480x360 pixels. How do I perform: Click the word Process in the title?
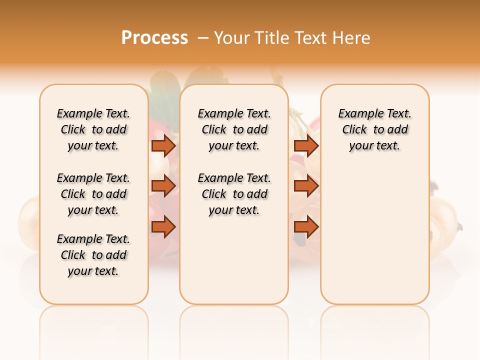pyautogui.click(x=154, y=37)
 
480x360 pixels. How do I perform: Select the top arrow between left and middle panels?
pyautogui.click(x=163, y=145)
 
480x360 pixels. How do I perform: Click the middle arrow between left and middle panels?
pyautogui.click(x=163, y=186)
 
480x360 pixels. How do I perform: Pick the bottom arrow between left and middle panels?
pyautogui.click(x=163, y=227)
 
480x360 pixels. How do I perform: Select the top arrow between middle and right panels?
pyautogui.click(x=306, y=145)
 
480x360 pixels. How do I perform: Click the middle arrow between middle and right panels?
pyautogui.click(x=306, y=186)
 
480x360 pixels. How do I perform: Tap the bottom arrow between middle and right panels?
pyautogui.click(x=306, y=227)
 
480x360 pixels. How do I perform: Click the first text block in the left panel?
pyautogui.click(x=93, y=129)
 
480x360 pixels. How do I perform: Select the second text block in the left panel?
pyautogui.click(x=93, y=194)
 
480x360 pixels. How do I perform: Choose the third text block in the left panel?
pyautogui.click(x=93, y=255)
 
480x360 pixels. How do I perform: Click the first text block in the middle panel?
pyautogui.click(x=234, y=129)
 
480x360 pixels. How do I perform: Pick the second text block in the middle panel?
pyautogui.click(x=234, y=194)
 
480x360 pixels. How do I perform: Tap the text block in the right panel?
pyautogui.click(x=375, y=129)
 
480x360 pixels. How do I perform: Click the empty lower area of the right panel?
pyautogui.click(x=375, y=240)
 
